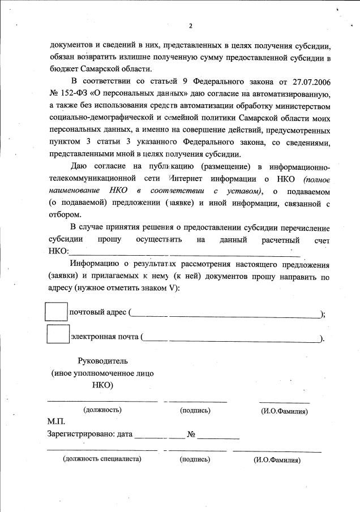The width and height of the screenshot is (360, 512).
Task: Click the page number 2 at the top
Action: [x=191, y=26]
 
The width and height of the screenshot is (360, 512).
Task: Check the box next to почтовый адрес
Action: [x=56, y=312]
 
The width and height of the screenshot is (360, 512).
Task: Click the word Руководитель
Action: [x=102, y=361]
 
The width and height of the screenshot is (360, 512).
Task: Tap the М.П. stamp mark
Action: [x=57, y=423]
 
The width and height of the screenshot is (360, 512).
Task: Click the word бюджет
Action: [x=66, y=70]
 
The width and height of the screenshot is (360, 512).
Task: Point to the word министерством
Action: [x=292, y=106]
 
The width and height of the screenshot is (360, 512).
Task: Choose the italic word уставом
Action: [x=242, y=191]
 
